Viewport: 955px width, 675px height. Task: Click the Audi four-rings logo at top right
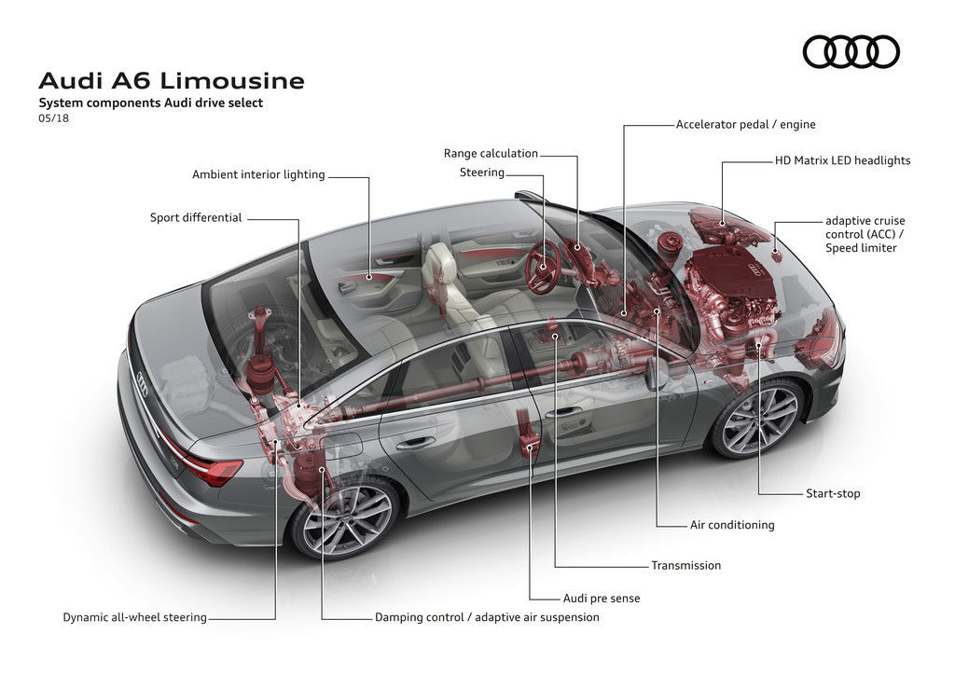(x=851, y=51)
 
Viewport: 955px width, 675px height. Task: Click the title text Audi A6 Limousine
(x=172, y=81)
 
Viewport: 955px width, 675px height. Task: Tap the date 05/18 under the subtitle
(x=53, y=119)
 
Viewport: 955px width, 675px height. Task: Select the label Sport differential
(x=196, y=218)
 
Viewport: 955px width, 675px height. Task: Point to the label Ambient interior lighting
(x=258, y=174)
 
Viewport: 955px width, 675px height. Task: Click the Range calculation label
(x=491, y=153)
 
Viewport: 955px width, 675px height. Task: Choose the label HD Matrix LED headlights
(x=842, y=160)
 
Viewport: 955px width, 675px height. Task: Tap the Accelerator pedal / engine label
(x=745, y=124)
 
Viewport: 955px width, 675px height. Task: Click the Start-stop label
(x=833, y=493)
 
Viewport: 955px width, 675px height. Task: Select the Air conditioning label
(x=732, y=525)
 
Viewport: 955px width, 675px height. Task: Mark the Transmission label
(x=686, y=565)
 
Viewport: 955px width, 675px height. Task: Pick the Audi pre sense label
(x=602, y=598)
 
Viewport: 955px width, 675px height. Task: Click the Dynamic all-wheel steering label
(x=135, y=617)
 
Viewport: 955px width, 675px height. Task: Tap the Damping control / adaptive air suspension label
(x=487, y=617)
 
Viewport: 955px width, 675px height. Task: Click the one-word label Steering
(x=482, y=172)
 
